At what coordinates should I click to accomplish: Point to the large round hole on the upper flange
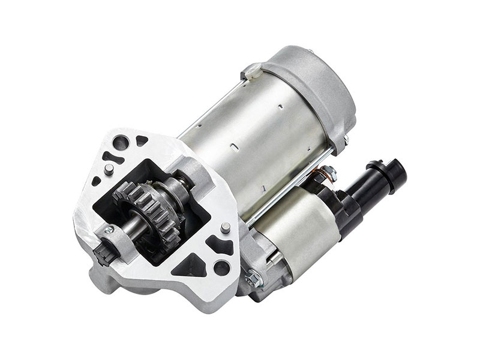[x=122, y=143]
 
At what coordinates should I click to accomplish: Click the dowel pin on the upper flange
[x=108, y=169]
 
